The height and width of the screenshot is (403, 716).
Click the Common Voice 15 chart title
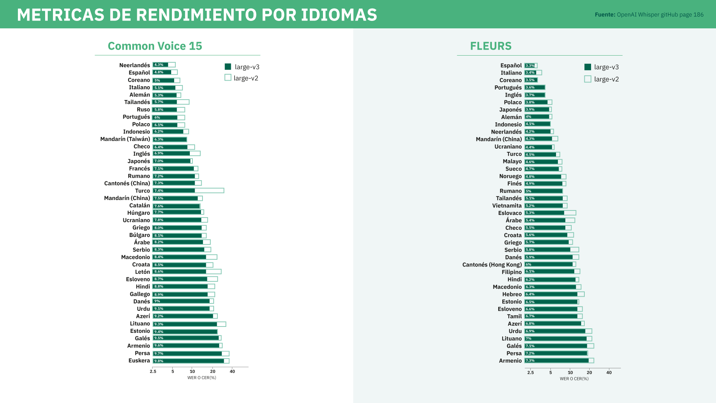click(155, 46)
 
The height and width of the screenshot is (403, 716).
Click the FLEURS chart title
click(491, 46)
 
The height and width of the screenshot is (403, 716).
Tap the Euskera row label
click(139, 360)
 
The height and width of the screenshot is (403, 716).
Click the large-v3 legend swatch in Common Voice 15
click(228, 67)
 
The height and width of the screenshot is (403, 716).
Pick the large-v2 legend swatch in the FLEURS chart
click(588, 79)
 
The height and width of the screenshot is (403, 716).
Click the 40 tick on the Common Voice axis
click(232, 371)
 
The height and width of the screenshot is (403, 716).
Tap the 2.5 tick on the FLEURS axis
click(530, 372)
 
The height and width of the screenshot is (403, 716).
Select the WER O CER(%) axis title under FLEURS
click(574, 379)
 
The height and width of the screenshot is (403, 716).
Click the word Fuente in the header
click(605, 15)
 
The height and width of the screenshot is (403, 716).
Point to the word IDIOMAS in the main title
click(339, 15)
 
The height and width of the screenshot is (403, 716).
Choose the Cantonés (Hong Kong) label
click(492, 265)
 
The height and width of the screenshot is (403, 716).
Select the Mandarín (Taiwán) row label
click(125, 139)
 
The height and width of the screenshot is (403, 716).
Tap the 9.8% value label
click(159, 361)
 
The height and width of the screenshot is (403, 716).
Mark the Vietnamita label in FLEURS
click(507, 206)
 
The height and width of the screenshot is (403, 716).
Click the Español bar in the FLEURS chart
click(530, 65)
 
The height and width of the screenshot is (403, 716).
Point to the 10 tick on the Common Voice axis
click(192, 371)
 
